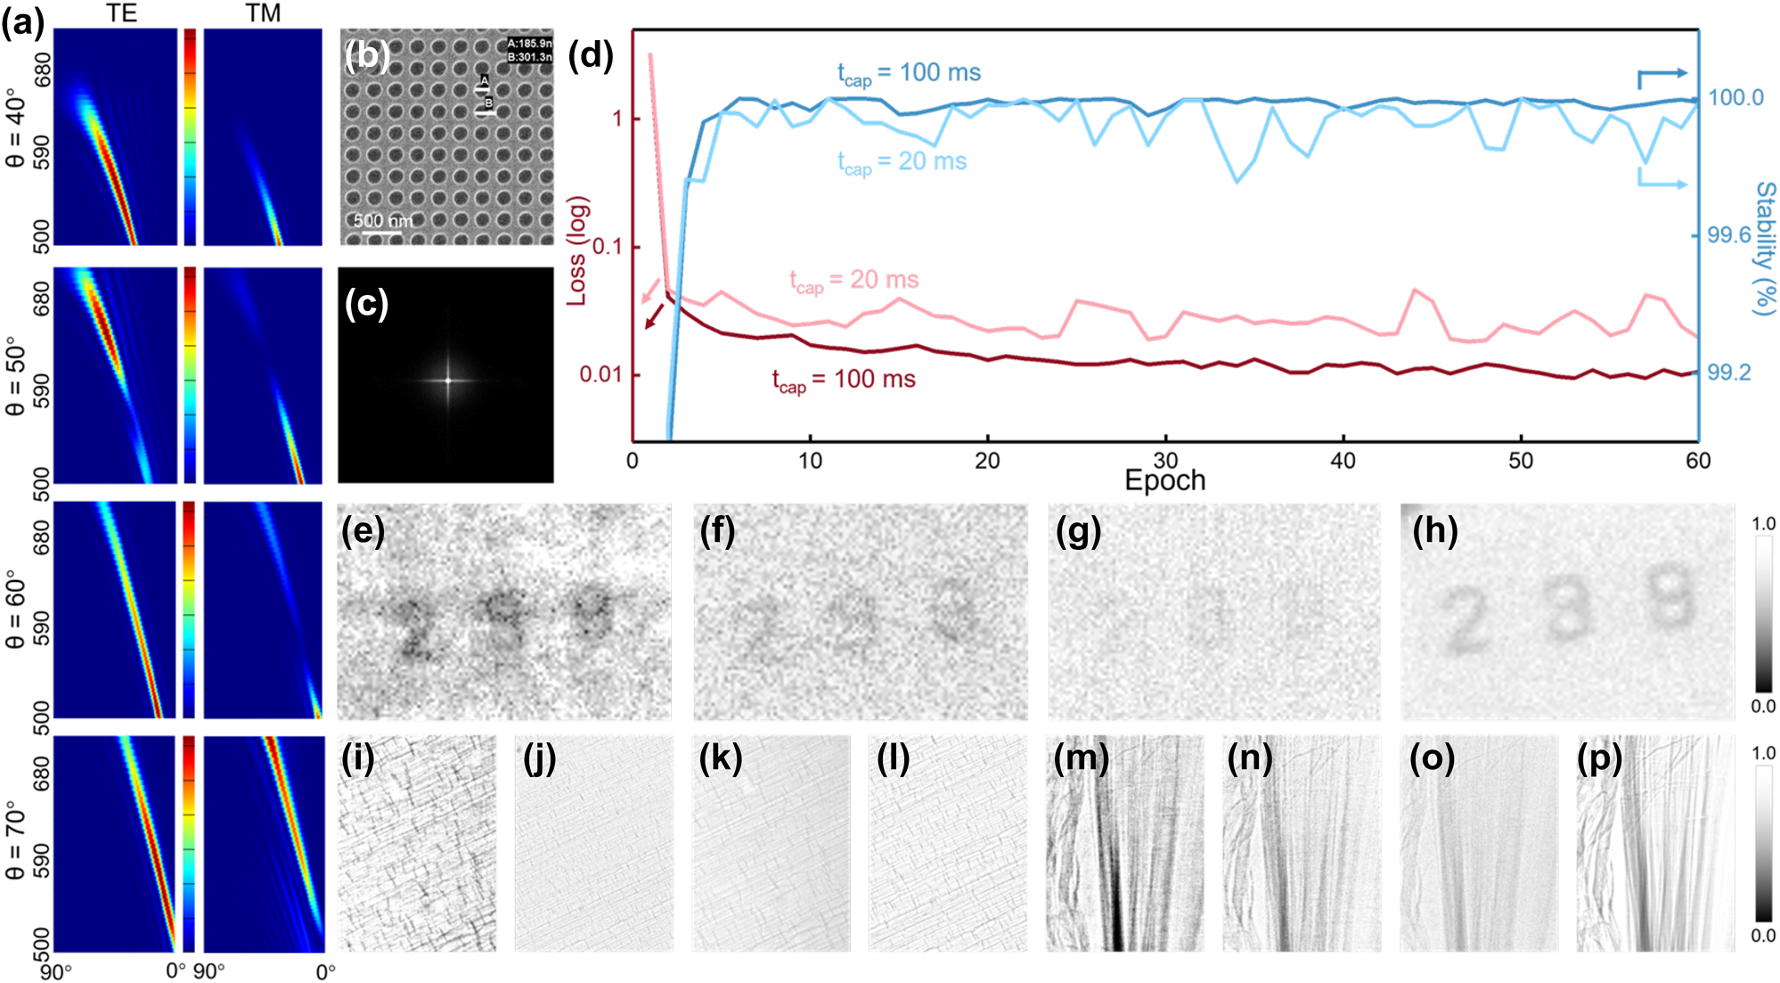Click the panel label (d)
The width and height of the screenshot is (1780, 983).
point(591,55)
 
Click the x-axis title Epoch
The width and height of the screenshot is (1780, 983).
point(1164,480)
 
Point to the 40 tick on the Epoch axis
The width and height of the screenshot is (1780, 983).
point(1343,461)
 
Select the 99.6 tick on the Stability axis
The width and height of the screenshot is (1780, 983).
point(1728,235)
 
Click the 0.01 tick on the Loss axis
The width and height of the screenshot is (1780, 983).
point(600,374)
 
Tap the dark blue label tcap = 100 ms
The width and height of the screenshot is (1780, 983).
point(909,73)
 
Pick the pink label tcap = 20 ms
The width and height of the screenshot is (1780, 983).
point(853,281)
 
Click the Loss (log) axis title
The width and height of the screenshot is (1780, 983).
point(577,250)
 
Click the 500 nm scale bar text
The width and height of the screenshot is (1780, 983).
point(382,220)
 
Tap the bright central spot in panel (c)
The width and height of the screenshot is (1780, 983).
point(448,381)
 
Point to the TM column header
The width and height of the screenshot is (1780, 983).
point(263,12)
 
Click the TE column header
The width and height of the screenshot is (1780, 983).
point(122,12)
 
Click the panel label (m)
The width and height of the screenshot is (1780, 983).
point(1081,758)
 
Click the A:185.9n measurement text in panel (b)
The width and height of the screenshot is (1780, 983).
point(529,43)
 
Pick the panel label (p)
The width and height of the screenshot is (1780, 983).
point(1599,758)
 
